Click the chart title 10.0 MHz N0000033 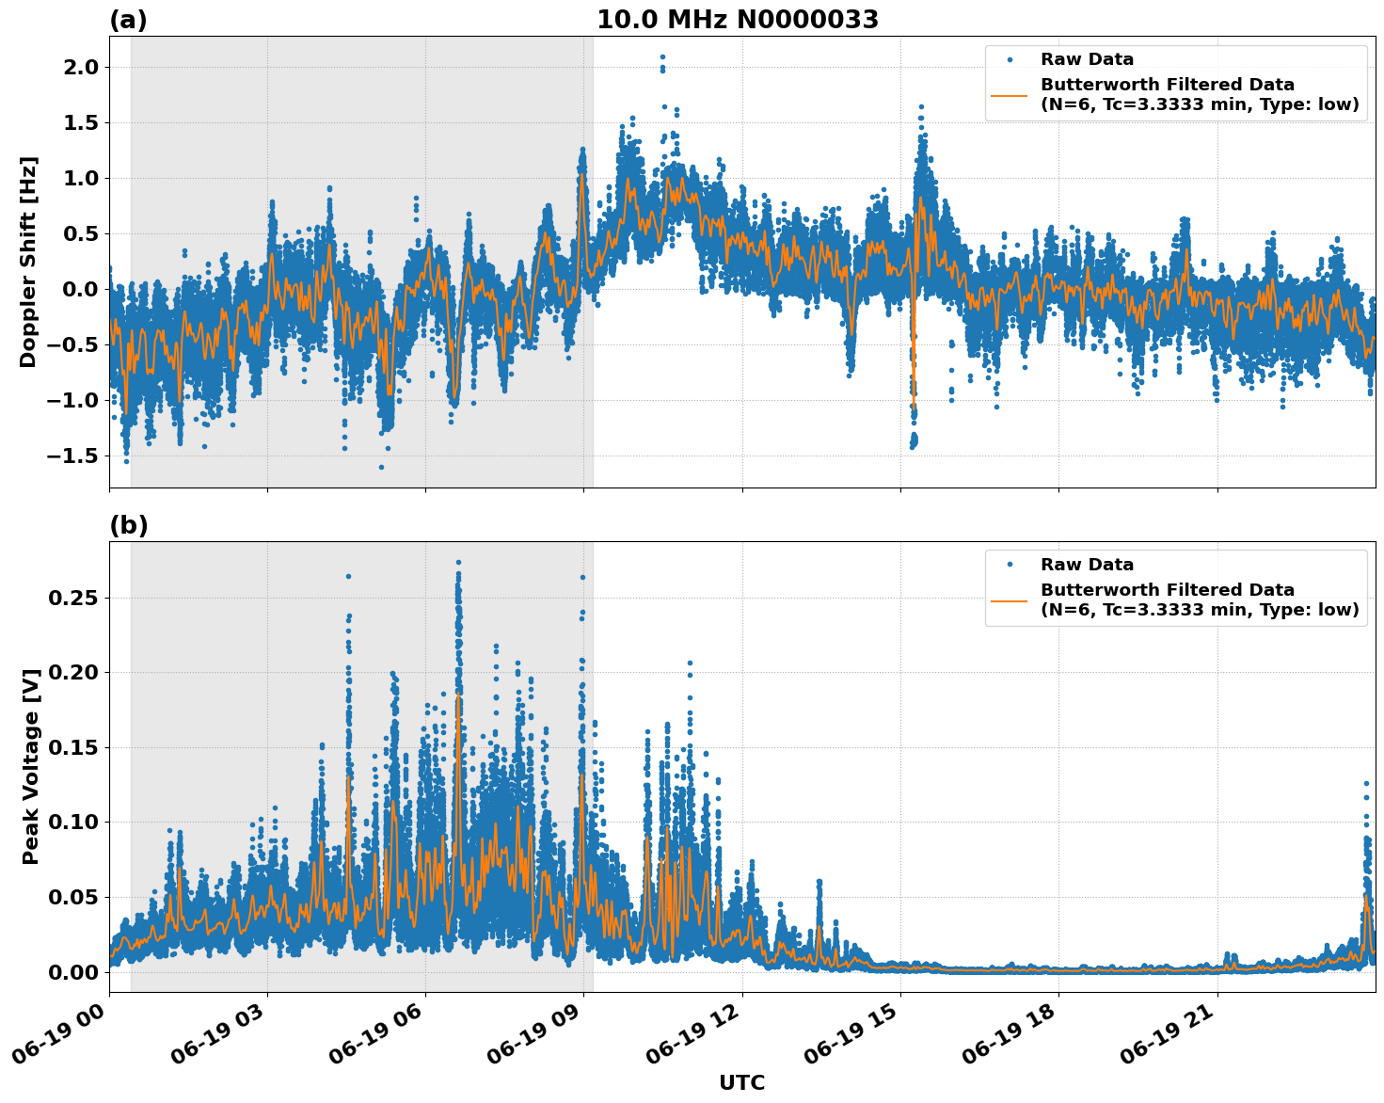(737, 20)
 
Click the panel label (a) (128, 20)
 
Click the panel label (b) (128, 525)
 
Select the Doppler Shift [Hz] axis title (28, 262)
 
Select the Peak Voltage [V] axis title (31, 787)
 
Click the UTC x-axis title (741, 1082)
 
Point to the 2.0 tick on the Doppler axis (79, 67)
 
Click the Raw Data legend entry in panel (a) (1087, 59)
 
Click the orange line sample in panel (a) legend (1010, 94)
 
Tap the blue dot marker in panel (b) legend (1010, 565)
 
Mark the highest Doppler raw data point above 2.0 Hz (662, 57)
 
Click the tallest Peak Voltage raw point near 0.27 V (458, 563)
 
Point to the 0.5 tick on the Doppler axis (79, 233)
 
